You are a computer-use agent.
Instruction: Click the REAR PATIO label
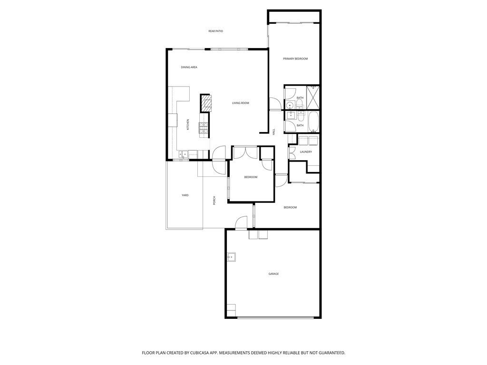coord(215,31)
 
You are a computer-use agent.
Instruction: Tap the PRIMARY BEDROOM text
coord(295,59)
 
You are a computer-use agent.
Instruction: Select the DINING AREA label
coord(189,67)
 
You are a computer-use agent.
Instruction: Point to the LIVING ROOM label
coord(240,103)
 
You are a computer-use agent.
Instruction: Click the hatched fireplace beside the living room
coord(205,103)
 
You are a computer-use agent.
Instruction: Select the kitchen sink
coord(183,154)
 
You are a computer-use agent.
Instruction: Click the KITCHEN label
coord(188,125)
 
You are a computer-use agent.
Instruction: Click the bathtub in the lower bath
coord(313,122)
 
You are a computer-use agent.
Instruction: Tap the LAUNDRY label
coord(306,152)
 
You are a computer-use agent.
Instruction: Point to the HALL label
coord(274,132)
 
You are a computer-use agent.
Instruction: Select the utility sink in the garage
coord(232,257)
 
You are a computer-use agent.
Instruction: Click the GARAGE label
coord(273,274)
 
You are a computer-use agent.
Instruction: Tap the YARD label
coord(185,195)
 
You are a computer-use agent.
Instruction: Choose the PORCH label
coord(214,201)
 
